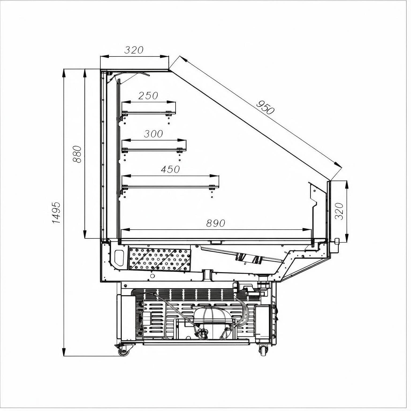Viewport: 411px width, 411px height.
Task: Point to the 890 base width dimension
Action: tap(216, 223)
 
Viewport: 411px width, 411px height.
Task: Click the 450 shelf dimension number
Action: tap(170, 169)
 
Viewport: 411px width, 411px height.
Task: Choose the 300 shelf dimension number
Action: tap(153, 134)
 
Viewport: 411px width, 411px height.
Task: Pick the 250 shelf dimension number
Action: tap(148, 96)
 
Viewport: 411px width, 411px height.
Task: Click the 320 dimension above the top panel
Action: tap(134, 50)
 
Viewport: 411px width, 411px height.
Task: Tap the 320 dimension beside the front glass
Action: tap(339, 211)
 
